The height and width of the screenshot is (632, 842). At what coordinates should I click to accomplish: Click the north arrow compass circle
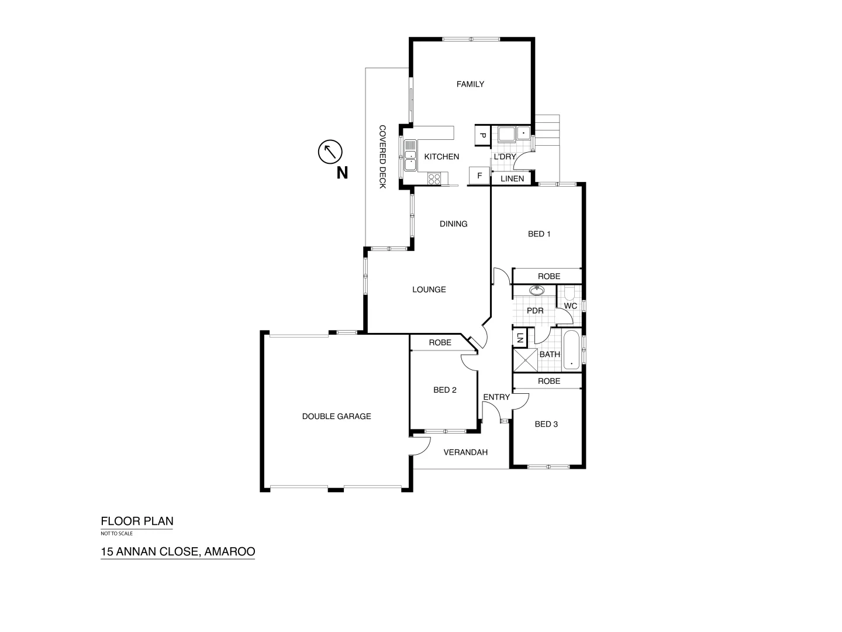tap(330, 152)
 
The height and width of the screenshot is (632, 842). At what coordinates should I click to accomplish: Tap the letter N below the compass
tap(342, 173)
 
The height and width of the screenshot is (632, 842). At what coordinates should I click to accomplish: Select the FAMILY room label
tap(470, 84)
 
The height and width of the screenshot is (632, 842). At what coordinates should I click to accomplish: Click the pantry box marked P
tap(482, 135)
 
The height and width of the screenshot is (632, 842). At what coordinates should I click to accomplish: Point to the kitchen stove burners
tap(434, 178)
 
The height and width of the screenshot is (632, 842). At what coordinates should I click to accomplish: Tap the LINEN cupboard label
tap(512, 178)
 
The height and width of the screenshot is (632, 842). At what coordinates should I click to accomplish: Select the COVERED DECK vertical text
tap(382, 156)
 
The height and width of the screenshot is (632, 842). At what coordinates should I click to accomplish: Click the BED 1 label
tap(539, 234)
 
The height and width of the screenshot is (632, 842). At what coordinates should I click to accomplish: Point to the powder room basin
tap(536, 290)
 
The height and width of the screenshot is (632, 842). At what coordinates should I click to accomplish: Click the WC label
tap(571, 306)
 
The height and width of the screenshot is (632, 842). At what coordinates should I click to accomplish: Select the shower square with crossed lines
tap(525, 359)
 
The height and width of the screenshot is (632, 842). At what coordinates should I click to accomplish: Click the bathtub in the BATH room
tap(571, 350)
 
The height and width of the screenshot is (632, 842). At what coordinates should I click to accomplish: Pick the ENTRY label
tap(496, 397)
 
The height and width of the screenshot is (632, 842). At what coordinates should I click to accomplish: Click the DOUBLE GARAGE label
tap(336, 417)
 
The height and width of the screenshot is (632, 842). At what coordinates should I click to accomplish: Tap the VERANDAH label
tap(465, 452)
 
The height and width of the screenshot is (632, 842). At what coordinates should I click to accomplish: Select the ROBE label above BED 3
tap(549, 381)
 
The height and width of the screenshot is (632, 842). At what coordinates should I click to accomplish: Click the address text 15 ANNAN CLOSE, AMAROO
tap(178, 551)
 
